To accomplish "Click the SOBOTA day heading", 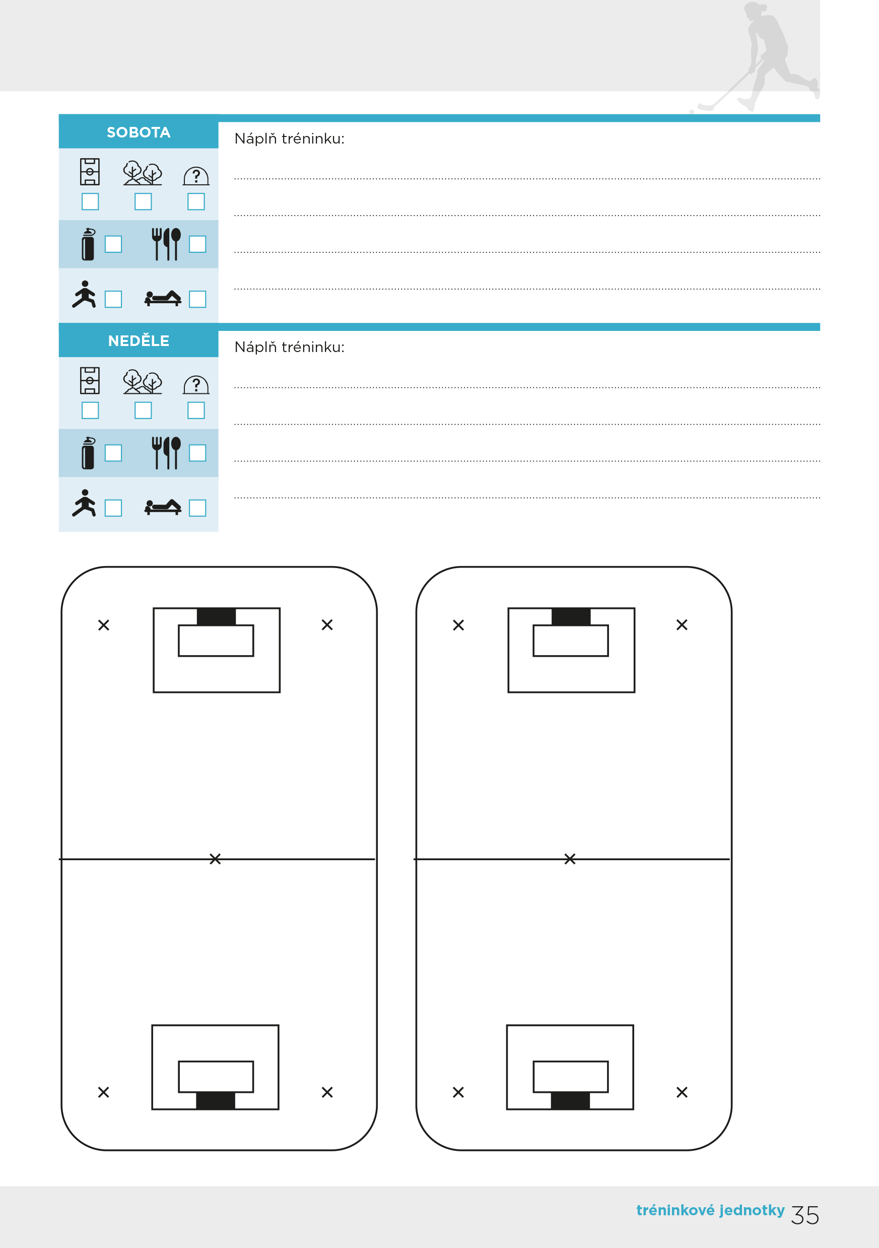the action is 139,132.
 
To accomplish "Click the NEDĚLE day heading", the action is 139,341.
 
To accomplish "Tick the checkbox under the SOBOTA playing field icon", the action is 90,201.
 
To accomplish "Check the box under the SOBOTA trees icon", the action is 143,201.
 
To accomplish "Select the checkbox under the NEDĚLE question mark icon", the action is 196,410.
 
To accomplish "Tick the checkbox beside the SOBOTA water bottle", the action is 113,244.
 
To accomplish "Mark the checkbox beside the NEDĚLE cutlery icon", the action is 197,453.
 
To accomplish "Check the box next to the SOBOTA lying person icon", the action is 197,299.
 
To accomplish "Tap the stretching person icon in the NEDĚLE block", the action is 84,503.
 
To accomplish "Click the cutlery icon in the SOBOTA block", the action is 166,244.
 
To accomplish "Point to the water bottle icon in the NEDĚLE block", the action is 88,453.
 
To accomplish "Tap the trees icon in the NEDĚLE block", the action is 143,382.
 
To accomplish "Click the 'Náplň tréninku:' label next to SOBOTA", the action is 289,138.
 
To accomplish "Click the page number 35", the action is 805,1215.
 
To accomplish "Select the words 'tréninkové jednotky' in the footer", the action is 710,1210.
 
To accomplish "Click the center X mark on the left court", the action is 215,859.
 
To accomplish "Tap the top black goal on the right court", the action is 571,616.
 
